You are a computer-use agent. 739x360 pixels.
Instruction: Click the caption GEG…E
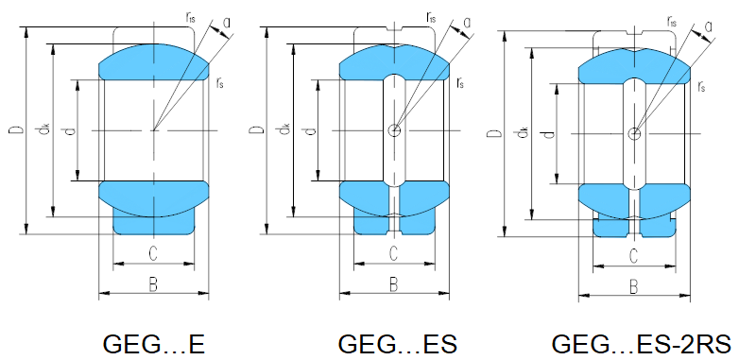[154, 345]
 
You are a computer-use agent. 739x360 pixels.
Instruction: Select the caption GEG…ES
[397, 345]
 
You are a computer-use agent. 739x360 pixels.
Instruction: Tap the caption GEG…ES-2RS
[641, 345]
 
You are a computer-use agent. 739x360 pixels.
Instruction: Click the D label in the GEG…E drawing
[15, 129]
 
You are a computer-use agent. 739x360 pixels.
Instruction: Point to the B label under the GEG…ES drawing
[393, 284]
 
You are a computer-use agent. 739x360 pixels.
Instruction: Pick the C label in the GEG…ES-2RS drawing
[634, 257]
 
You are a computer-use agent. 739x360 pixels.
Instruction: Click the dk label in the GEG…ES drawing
[284, 129]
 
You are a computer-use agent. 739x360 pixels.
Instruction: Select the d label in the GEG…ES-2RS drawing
[549, 135]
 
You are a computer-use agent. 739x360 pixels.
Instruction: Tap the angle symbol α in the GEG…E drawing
[227, 23]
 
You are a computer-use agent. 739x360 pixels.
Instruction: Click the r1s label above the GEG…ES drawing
[431, 18]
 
